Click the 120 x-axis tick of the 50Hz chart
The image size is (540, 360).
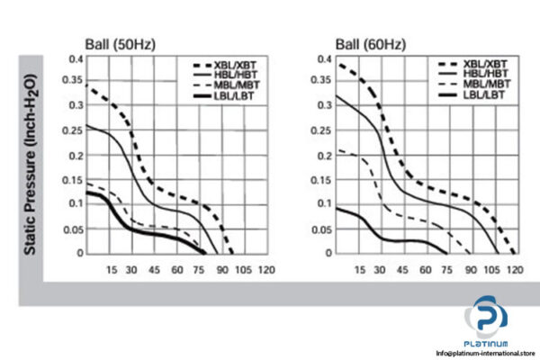click(266, 269)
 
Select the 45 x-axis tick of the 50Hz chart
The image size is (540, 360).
click(154, 269)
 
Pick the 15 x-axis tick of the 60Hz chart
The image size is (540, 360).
click(358, 269)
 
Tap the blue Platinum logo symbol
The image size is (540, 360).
click(487, 320)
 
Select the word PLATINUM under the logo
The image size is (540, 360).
click(487, 343)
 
